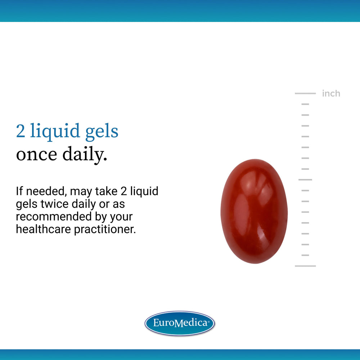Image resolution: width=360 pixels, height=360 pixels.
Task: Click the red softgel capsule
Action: tap(254, 211)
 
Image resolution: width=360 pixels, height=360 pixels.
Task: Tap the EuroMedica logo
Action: tap(180, 323)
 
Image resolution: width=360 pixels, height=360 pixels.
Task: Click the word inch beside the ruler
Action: tap(331, 94)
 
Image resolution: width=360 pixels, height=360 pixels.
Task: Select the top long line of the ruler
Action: tap(305, 93)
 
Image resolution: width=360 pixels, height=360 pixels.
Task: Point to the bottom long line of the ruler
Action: tap(305, 266)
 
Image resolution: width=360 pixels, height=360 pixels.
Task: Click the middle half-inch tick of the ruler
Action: tap(305, 179)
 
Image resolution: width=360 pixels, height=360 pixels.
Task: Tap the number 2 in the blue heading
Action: tap(21, 132)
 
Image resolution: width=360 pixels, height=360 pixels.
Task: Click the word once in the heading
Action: tap(36, 154)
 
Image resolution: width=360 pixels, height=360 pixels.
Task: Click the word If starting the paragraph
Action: tap(19, 191)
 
